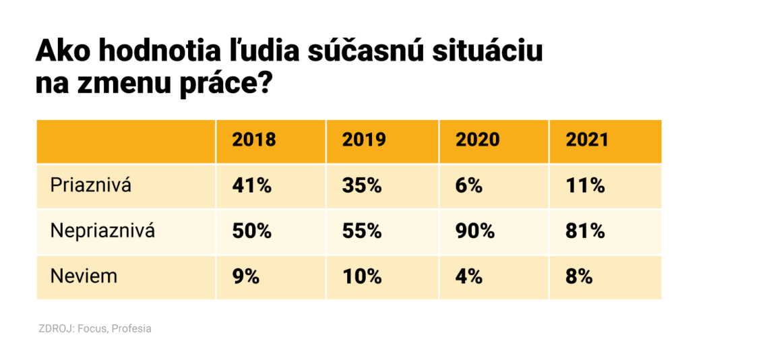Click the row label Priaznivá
tap(91, 185)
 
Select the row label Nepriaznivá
tap(102, 231)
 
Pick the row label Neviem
tap(84, 276)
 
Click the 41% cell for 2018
tap(251, 185)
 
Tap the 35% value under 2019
tap(362, 185)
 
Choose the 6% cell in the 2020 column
tap(469, 185)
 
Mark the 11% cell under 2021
tap(585, 185)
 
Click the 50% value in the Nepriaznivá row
tap(251, 231)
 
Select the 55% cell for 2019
tap(362, 231)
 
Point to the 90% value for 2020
tap(475, 231)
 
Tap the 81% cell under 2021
tap(585, 231)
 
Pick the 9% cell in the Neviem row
tap(245, 276)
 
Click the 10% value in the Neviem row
tap(362, 276)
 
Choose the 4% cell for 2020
tap(469, 276)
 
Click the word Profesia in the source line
tap(132, 329)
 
